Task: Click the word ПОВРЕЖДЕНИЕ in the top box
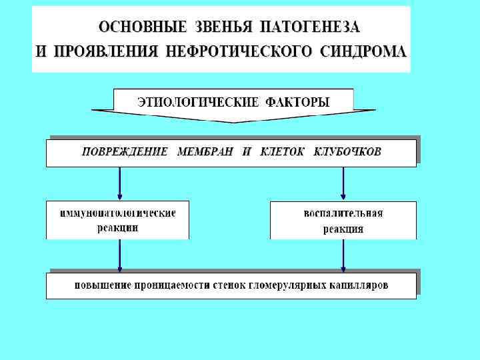point(125,152)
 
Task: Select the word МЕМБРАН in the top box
point(205,152)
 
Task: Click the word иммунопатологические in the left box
point(117,213)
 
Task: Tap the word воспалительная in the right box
point(343,213)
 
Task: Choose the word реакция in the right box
point(343,229)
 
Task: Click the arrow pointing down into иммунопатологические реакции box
point(120,183)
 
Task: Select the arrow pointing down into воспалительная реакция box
point(343,183)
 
